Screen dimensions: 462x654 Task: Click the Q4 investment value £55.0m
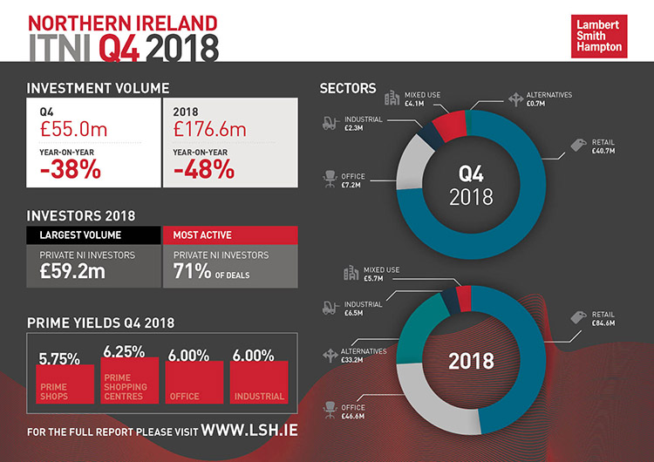72,131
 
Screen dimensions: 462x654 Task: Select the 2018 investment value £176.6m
209,131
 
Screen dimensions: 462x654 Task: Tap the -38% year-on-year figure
70,169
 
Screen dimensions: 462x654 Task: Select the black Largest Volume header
93,234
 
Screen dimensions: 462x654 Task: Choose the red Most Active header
229,234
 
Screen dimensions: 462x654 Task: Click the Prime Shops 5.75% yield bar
65,383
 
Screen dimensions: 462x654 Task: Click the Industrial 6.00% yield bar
259,383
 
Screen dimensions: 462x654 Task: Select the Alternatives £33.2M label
359,357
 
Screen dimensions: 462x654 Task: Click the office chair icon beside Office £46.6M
330,407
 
